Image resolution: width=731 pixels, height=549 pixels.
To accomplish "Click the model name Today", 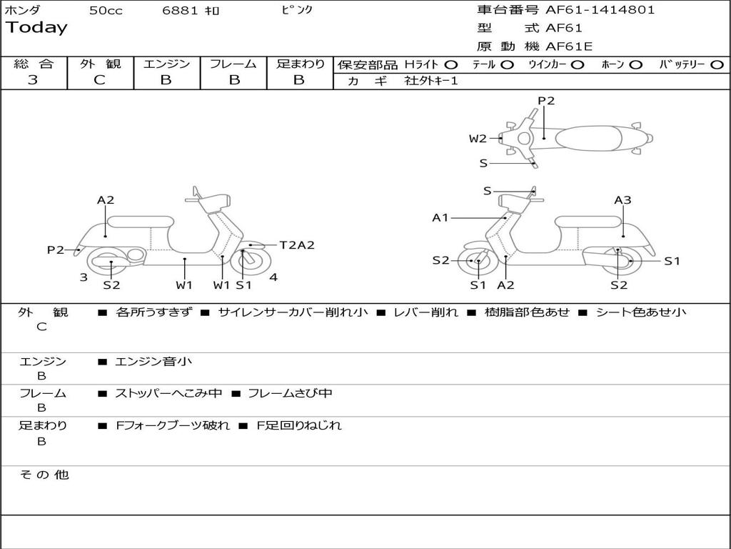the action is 36,28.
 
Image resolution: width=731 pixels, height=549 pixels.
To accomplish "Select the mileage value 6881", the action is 178,11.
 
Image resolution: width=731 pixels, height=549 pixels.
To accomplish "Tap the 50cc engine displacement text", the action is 106,11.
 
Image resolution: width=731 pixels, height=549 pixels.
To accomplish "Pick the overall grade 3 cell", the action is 33,80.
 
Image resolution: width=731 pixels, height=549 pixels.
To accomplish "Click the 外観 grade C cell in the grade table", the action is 99,80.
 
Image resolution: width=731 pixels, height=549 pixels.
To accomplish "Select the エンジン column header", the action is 166,64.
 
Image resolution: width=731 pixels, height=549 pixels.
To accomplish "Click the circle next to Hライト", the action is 450,64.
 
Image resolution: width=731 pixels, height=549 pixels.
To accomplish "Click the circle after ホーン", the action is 636,64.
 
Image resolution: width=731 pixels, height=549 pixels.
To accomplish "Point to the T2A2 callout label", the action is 297,245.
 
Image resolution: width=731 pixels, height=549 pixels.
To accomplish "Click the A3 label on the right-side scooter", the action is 622,200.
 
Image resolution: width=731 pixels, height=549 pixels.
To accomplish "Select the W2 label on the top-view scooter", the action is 478,139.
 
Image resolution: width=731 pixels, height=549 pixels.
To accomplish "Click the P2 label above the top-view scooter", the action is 546,101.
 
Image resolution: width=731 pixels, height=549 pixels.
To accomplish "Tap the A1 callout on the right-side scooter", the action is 440,217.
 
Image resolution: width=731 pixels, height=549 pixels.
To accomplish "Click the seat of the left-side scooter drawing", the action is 140,222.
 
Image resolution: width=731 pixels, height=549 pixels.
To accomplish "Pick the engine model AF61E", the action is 569,46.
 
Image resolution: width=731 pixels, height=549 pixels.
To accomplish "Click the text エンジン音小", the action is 153,362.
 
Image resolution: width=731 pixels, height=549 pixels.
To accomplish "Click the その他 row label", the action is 44,475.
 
